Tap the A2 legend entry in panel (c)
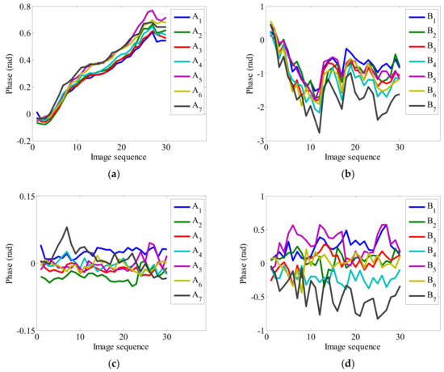[x=199, y=230]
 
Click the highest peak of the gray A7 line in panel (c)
[x=68, y=228]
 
